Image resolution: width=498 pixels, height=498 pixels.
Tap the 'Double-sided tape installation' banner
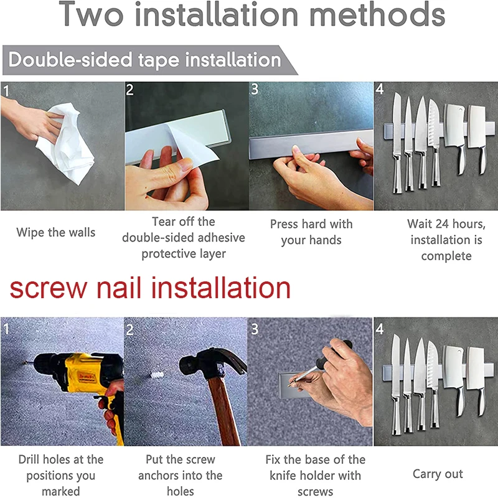144,60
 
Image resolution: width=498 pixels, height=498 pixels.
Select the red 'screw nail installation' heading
150,288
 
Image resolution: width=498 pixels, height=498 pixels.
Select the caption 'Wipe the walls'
56,233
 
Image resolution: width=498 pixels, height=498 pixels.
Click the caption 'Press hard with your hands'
311,232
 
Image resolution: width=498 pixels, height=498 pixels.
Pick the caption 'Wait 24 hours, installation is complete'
446,240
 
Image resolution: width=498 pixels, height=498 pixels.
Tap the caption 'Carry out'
438,474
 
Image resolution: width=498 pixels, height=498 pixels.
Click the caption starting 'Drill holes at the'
61,476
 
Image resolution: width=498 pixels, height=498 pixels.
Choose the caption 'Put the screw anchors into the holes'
181,476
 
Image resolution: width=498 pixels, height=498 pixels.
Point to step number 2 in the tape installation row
129,90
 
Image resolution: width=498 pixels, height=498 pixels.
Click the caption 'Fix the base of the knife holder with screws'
315,476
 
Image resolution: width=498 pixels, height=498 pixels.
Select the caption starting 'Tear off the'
184,237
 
